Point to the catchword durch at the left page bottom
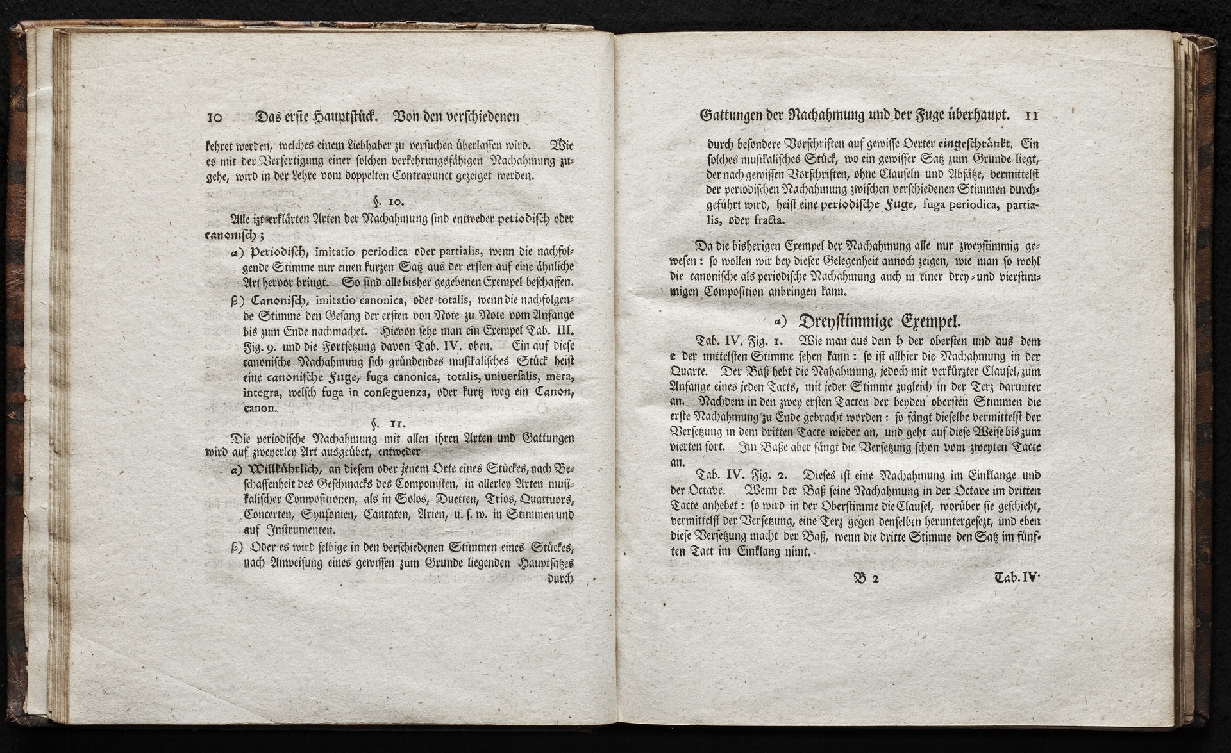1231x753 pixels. pos(560,578)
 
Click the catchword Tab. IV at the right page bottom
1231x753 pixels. pos(1016,577)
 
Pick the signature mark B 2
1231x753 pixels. pos(866,577)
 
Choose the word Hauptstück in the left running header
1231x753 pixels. pos(346,117)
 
